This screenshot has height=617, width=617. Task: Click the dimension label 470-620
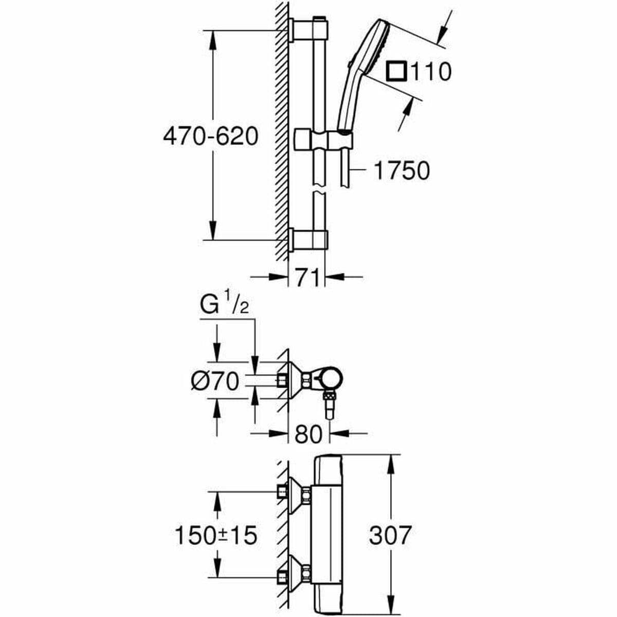tap(210, 137)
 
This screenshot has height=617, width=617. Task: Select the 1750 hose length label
tap(401, 171)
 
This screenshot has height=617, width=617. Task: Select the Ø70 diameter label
tap(215, 382)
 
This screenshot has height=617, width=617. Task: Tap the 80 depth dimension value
tap(308, 434)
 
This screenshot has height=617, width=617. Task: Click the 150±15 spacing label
tap(215, 536)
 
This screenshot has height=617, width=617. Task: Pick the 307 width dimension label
tap(390, 535)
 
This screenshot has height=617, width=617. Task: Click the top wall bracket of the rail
tap(308, 29)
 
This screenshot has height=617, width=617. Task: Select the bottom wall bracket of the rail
tap(308, 240)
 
